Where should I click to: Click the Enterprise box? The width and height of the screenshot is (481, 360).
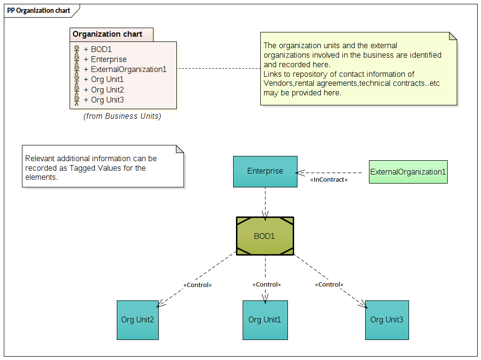tap(265, 171)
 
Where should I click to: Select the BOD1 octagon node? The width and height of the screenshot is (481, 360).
tap(265, 236)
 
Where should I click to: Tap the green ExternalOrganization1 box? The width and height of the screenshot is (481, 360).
tap(408, 172)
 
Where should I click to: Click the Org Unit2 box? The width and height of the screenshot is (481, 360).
tap(137, 319)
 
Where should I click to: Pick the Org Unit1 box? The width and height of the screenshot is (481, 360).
tap(265, 319)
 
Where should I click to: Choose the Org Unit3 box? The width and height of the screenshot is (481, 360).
tap(387, 319)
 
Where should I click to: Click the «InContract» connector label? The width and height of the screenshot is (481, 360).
tap(329, 180)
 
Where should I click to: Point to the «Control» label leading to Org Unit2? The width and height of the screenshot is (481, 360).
tap(197, 285)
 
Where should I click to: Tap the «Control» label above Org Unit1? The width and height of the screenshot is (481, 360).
tap(266, 284)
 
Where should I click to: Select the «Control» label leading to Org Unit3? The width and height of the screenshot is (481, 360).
tap(329, 284)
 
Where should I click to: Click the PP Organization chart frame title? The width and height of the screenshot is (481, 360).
tap(39, 10)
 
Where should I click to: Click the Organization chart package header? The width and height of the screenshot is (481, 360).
tap(107, 34)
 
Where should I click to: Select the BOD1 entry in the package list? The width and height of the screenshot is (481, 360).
tap(101, 49)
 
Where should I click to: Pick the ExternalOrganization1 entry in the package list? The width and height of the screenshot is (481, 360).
tap(128, 70)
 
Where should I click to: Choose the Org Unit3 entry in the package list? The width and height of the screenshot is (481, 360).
tap(107, 100)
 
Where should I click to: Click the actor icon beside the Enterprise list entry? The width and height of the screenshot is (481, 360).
tap(76, 60)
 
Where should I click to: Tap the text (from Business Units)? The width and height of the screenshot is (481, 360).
tap(123, 116)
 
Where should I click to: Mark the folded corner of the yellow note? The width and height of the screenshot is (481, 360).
tap(453, 36)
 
